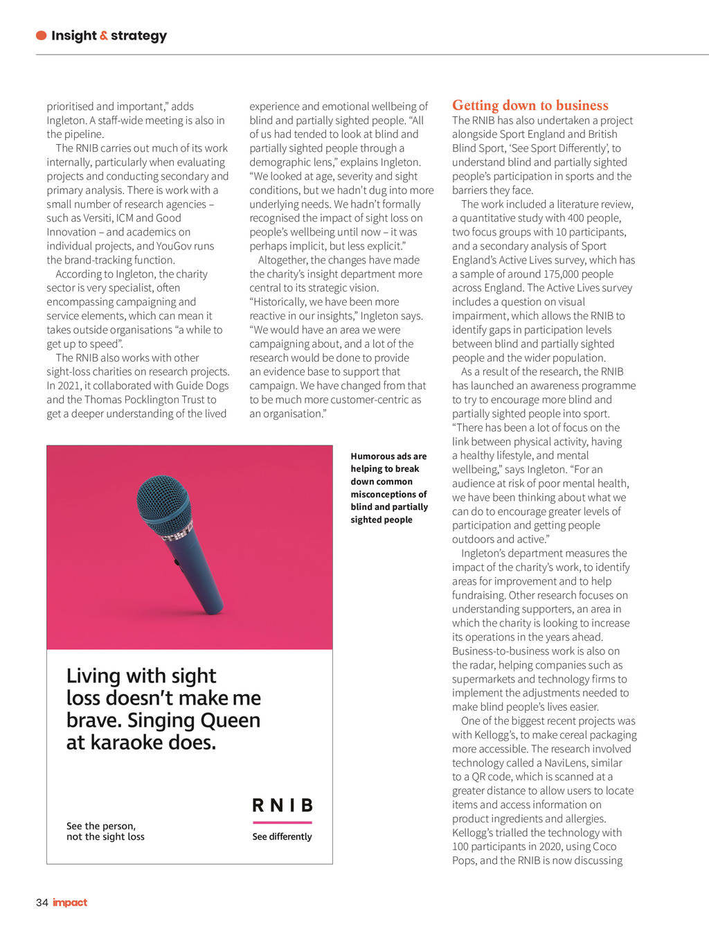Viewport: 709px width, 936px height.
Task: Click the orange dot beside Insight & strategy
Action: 42,35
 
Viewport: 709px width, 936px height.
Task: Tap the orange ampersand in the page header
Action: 104,36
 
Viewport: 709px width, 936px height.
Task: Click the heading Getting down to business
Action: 530,105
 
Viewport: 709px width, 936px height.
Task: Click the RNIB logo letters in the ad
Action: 282,805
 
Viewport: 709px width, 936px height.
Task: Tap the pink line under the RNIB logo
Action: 282,822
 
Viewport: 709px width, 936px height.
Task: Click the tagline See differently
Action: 282,837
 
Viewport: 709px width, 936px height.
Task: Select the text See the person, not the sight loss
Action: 105,831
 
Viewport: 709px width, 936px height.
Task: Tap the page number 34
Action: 42,903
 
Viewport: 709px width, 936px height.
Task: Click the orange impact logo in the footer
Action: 70,903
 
